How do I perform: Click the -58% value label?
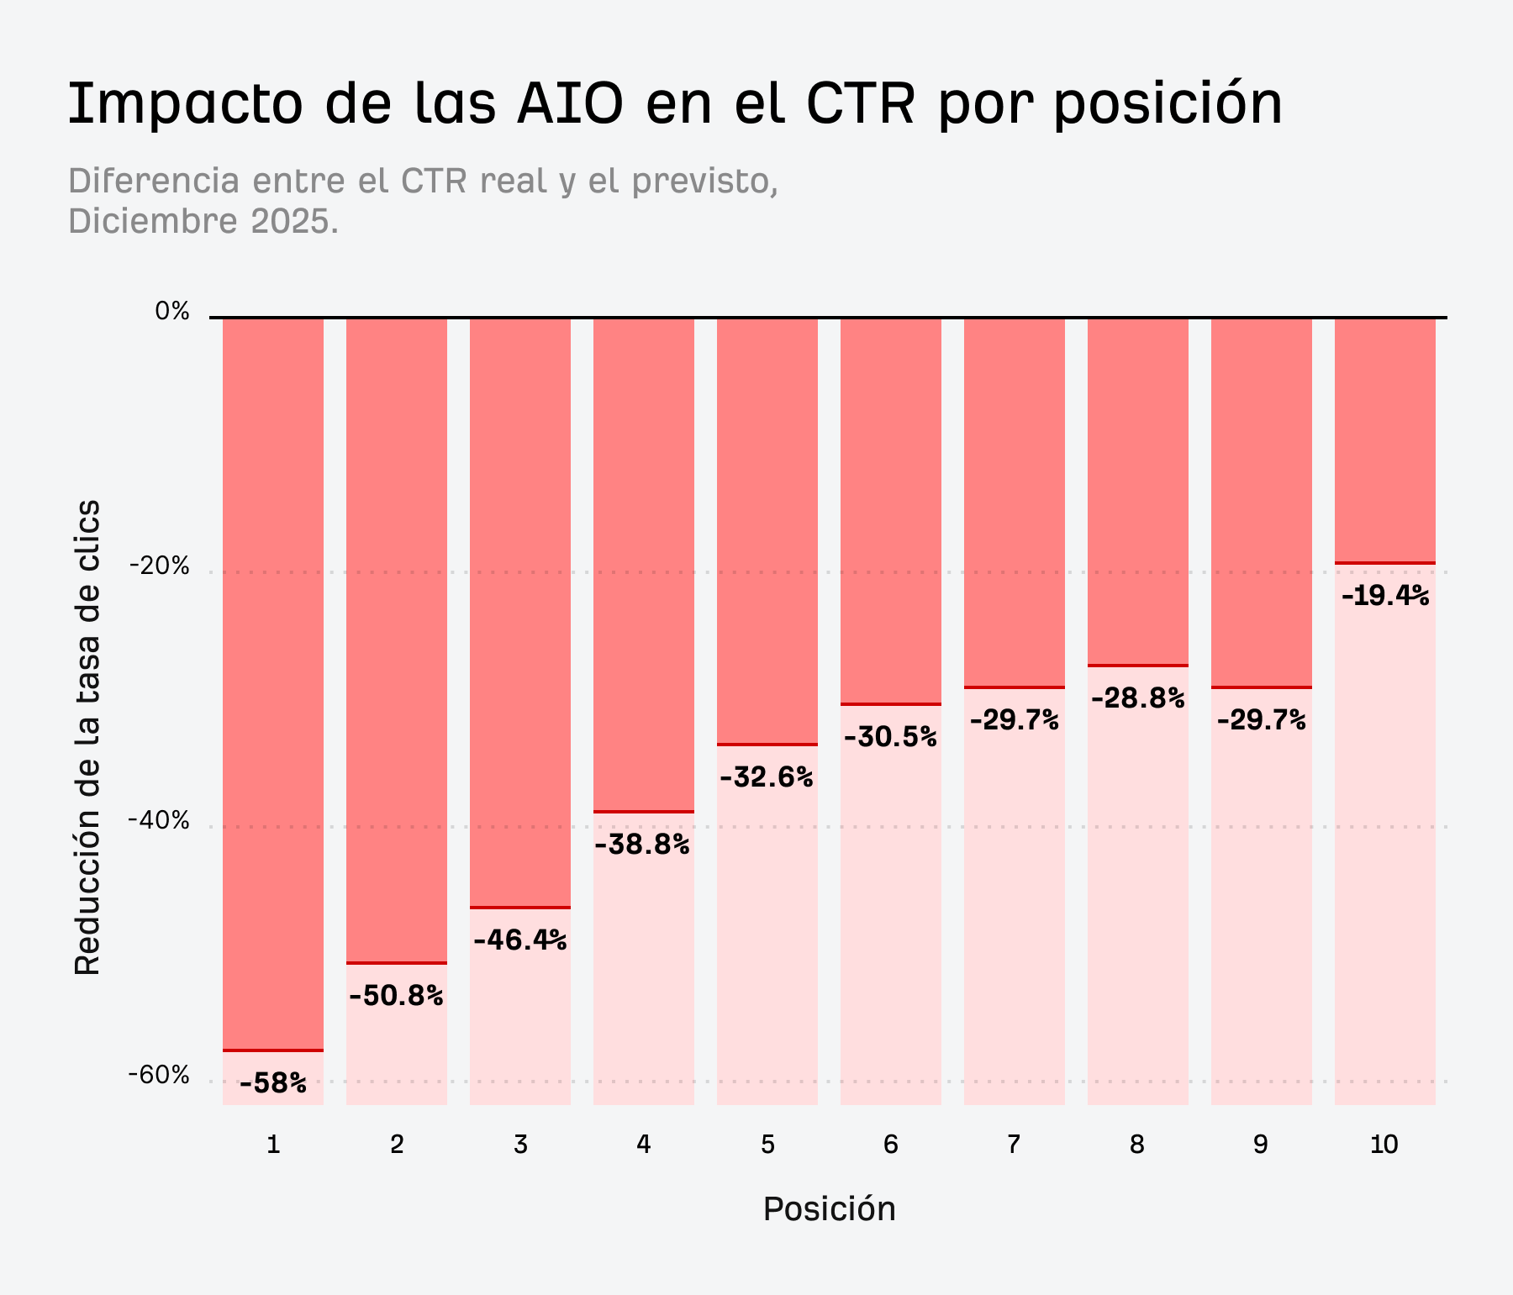coord(273,1083)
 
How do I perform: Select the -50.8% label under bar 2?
coord(396,996)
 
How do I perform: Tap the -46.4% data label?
coord(520,940)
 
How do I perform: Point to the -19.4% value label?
coord(1385,596)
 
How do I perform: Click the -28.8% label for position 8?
coord(1138,698)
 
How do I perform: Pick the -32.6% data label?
coord(767,777)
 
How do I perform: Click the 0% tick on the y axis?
coord(172,312)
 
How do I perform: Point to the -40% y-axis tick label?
coord(159,821)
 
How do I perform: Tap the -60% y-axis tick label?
coord(159,1076)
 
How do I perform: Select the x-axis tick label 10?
coord(1384,1145)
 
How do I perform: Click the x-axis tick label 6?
coord(891,1145)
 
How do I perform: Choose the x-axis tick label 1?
coord(273,1145)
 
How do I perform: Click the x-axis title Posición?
coord(829,1209)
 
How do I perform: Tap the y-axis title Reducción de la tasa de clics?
coord(87,737)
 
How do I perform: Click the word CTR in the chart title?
coord(860,103)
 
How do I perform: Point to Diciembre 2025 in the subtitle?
coord(203,222)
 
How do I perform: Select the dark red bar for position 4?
coord(644,563)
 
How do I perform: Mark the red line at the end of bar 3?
coord(520,908)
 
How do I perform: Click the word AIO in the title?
coord(570,103)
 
